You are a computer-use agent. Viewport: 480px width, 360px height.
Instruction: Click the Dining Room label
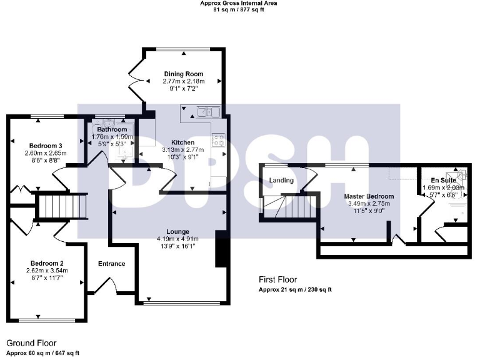[x=183, y=74]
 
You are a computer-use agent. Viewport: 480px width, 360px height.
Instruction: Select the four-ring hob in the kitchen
[x=219, y=141]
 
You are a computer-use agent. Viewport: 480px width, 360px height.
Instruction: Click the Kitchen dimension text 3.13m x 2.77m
[x=183, y=150]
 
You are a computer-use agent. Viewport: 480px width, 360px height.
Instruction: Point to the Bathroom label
[x=112, y=129]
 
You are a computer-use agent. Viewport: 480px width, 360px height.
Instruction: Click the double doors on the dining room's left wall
[x=139, y=80]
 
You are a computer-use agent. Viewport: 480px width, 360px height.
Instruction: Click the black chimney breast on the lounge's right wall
[x=220, y=249]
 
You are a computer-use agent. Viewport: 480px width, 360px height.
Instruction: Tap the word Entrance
[x=112, y=264]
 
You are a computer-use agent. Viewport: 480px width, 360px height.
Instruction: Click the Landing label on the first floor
[x=281, y=181]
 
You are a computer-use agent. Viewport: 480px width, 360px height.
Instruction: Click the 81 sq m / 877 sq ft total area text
[x=238, y=9]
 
